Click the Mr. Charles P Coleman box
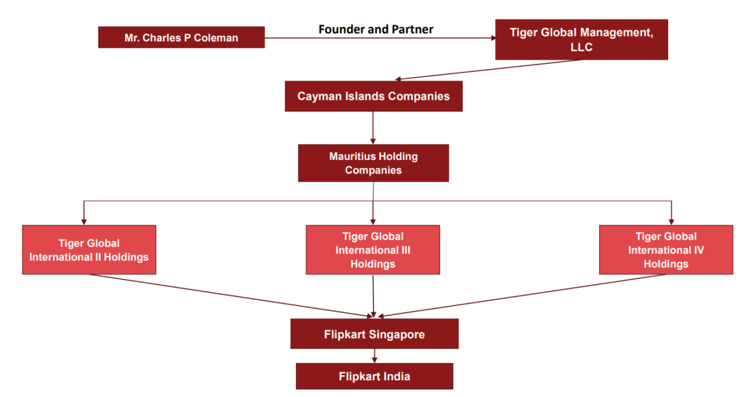(x=181, y=37)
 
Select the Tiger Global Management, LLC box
(x=581, y=40)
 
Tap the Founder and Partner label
(x=375, y=29)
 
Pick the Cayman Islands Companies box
(x=373, y=97)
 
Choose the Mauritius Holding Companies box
(x=373, y=163)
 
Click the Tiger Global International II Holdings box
(x=89, y=250)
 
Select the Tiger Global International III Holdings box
(x=373, y=250)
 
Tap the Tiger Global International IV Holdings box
(x=666, y=250)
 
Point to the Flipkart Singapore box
(x=374, y=334)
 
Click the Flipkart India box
(x=374, y=376)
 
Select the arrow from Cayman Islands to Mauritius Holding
(x=373, y=128)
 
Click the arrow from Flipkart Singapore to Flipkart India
(x=374, y=356)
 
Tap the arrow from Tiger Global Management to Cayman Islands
(x=489, y=70)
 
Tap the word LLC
(x=581, y=47)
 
